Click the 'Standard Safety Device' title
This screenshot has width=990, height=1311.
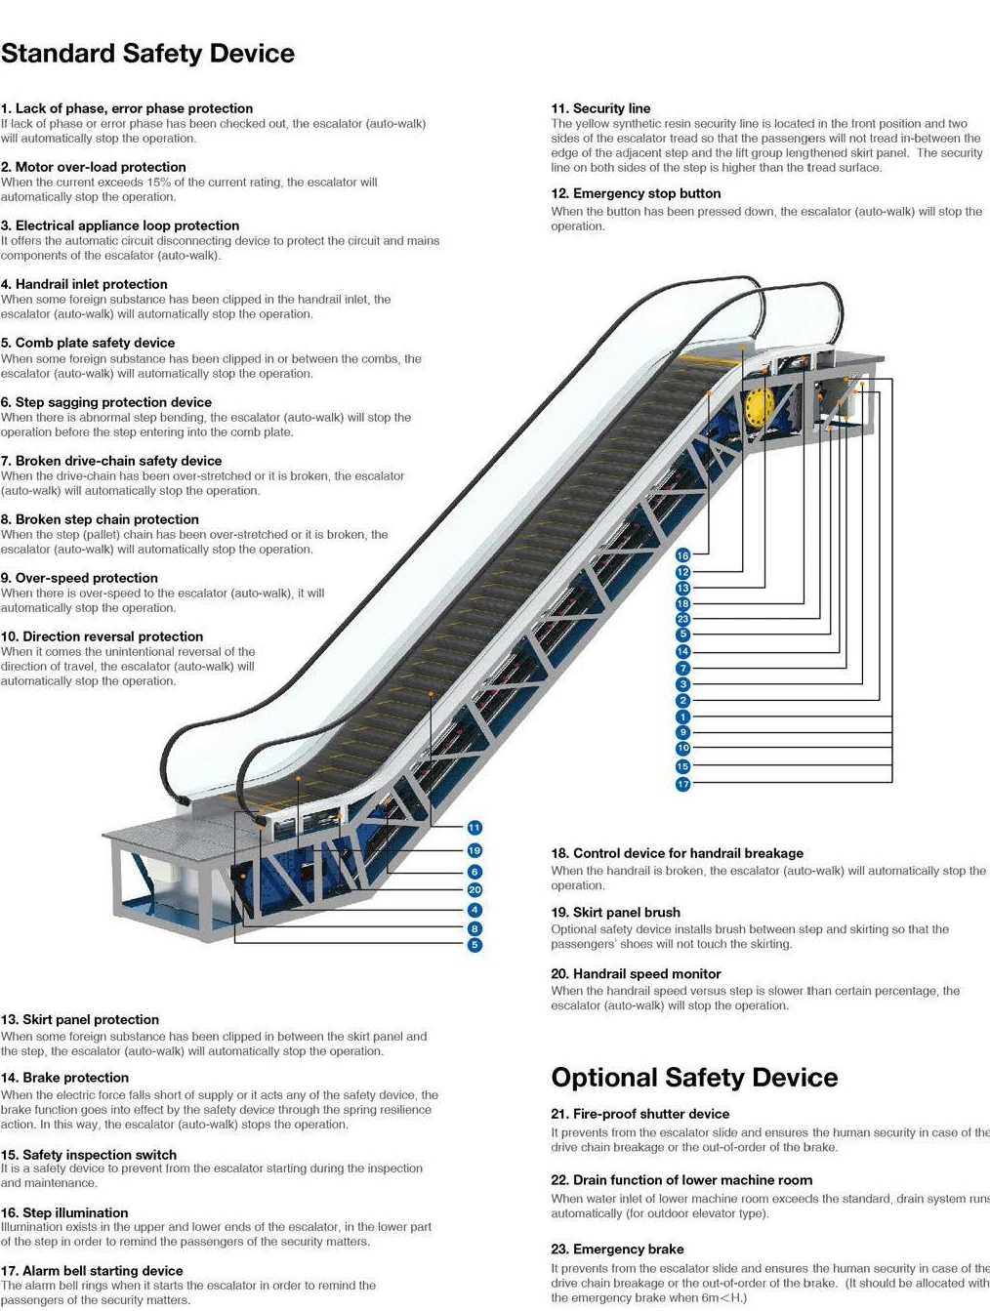(x=147, y=54)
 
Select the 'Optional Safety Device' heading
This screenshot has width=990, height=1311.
(x=694, y=1078)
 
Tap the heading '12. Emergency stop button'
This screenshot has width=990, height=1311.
(x=636, y=193)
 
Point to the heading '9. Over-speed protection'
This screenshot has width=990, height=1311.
(x=79, y=578)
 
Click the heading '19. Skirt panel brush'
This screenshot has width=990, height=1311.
(x=615, y=912)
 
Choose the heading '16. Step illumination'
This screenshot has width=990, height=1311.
(x=64, y=1212)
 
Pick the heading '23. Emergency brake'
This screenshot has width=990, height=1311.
(x=617, y=1249)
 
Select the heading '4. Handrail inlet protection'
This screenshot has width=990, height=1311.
(x=84, y=284)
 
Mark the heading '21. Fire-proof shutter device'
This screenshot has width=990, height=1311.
(x=639, y=1114)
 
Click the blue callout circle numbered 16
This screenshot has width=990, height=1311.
(x=683, y=555)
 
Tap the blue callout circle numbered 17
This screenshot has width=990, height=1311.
(x=683, y=784)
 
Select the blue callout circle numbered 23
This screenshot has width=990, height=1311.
(x=683, y=619)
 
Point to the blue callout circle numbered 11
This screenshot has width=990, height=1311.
(x=474, y=828)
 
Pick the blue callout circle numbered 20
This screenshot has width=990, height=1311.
(x=474, y=889)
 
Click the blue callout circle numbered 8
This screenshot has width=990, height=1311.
(x=474, y=929)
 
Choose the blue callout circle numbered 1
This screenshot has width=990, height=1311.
(x=683, y=717)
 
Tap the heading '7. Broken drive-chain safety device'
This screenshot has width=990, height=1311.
(x=111, y=461)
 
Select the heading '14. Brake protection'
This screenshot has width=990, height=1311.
(x=64, y=1078)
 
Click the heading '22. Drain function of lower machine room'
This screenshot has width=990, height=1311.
(x=681, y=1180)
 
